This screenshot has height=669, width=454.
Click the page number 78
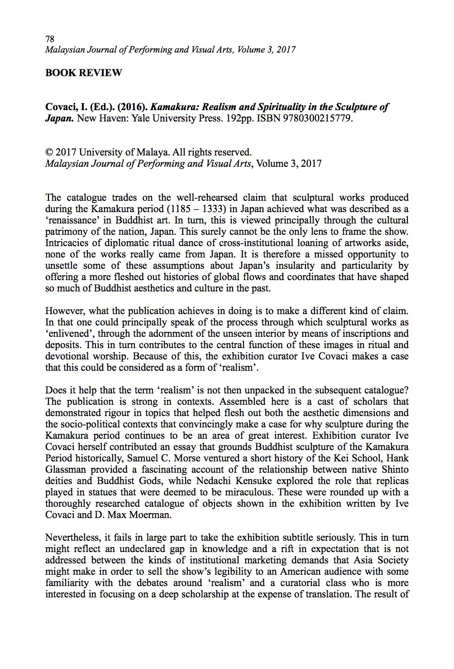click(49, 39)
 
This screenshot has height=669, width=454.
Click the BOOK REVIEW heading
click(83, 73)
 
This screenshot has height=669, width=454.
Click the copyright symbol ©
click(49, 152)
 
